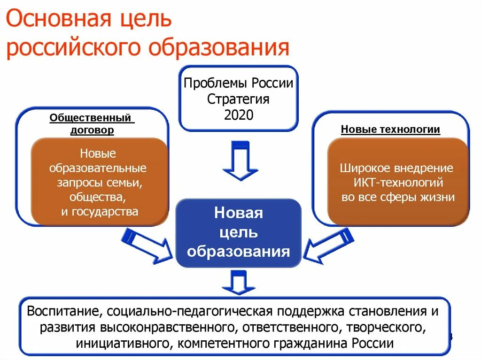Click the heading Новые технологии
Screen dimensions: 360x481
(390, 130)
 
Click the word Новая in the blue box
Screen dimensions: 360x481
(238, 213)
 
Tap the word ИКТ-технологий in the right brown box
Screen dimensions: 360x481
(397, 182)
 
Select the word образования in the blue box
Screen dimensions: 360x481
(238, 251)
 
